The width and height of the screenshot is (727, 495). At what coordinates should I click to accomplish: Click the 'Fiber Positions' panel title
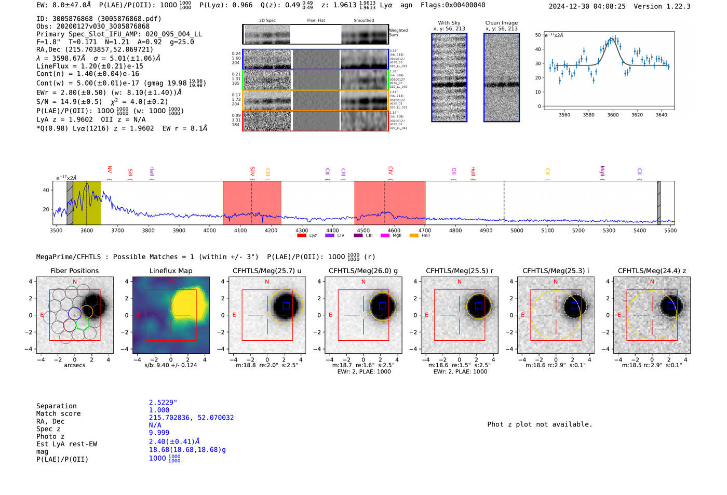coord(74,271)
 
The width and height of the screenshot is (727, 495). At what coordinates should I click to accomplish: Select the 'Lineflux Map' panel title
coord(170,271)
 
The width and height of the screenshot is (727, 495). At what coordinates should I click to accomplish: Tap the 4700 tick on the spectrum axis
coord(425,230)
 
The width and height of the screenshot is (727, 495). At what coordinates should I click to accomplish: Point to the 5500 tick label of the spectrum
coord(670,230)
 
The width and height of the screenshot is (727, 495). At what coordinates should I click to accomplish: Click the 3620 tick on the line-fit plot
coord(637,115)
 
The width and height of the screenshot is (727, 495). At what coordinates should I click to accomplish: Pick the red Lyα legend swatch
coord(302,235)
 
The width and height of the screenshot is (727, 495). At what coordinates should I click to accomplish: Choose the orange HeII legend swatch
coord(414,235)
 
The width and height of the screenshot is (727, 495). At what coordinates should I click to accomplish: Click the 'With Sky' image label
coord(449,23)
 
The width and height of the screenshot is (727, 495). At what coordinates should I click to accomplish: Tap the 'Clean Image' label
coord(501,23)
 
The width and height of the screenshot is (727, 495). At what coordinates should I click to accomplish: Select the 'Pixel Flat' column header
coord(316,20)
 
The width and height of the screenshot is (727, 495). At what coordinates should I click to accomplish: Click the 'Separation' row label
coord(56,406)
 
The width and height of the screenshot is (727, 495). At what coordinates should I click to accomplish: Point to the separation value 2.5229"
coord(163,403)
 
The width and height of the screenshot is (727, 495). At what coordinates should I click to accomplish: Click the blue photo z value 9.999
coord(159,433)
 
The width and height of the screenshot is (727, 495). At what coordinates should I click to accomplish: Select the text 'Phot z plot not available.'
coord(540,424)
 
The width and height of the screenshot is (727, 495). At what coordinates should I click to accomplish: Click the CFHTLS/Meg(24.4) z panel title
coord(652,271)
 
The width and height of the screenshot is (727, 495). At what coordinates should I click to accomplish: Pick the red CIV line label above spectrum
coord(391,170)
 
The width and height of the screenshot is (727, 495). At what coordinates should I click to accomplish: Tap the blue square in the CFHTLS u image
coord(286,305)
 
